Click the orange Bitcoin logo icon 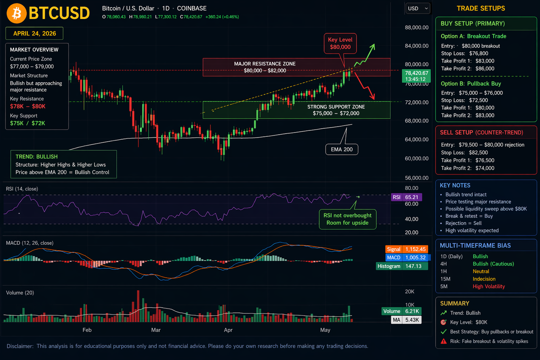[16, 13]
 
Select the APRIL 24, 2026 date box [35, 33]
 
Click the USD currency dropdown [418, 8]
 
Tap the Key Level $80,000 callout [340, 43]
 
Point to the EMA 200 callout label [342, 149]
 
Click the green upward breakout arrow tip [374, 44]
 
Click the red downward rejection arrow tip [374, 99]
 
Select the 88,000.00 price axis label [416, 27]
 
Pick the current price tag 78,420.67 [416, 76]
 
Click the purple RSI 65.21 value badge [406, 197]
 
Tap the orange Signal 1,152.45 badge [406, 249]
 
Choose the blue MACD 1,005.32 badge [407, 257]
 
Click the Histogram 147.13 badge [402, 266]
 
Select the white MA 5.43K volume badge [406, 320]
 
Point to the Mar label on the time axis [156, 330]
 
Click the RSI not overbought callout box [347, 219]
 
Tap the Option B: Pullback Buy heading [471, 84]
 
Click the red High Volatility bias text [489, 287]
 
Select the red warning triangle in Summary [443, 341]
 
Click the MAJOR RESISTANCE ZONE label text [265, 64]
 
